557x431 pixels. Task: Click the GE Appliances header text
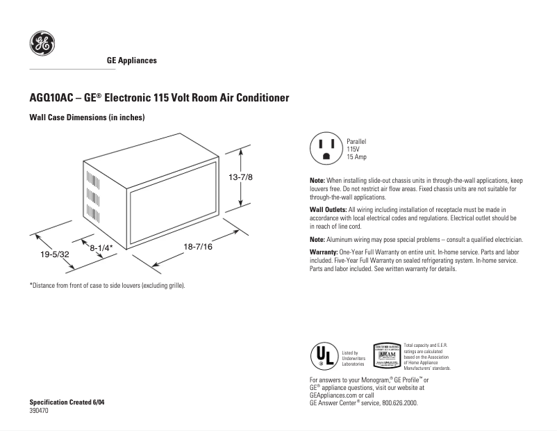(x=131, y=60)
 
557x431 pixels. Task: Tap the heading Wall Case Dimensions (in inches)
(x=87, y=118)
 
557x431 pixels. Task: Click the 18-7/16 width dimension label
(x=198, y=247)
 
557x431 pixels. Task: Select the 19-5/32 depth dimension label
(x=55, y=255)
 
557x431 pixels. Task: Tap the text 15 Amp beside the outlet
(x=357, y=158)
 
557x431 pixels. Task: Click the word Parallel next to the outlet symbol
(x=357, y=141)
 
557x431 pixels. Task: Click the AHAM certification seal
(x=387, y=356)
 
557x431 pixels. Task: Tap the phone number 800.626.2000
(x=398, y=402)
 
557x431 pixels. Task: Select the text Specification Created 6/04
(x=68, y=402)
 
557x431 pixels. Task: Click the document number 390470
(x=40, y=411)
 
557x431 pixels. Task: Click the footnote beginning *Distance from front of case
(x=107, y=285)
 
